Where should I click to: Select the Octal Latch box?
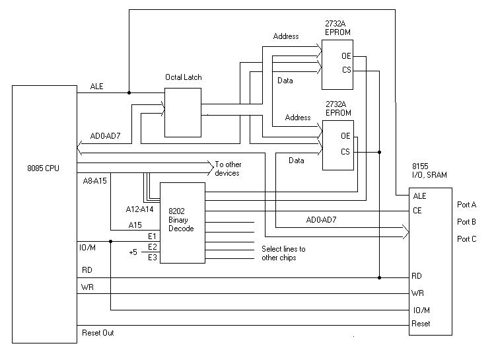click(x=183, y=113)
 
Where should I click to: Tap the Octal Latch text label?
click(x=183, y=77)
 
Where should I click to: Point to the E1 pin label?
click(x=152, y=236)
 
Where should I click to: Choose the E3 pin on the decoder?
click(x=152, y=257)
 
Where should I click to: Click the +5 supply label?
click(x=133, y=252)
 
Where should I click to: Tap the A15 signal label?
click(x=135, y=225)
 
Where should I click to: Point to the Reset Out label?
click(x=98, y=333)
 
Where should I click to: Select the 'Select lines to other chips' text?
click(x=283, y=253)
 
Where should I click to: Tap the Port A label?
click(x=467, y=205)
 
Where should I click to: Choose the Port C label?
click(x=467, y=238)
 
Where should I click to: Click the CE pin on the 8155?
click(x=417, y=211)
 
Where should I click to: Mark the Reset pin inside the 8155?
click(x=421, y=324)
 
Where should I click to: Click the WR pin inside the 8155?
click(x=417, y=293)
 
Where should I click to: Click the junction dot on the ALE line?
click(x=129, y=92)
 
